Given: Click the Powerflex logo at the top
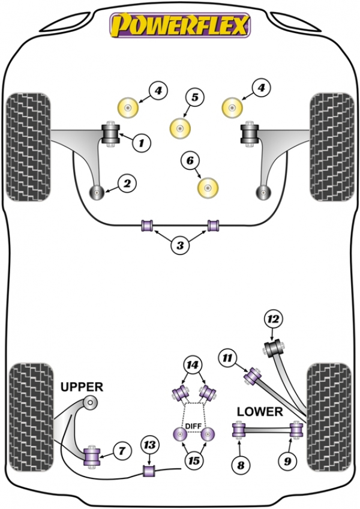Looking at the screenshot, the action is click(181, 26).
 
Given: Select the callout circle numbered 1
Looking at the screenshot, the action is click(141, 142).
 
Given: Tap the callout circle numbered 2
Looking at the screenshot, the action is click(127, 184).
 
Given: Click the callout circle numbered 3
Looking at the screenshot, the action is click(180, 245).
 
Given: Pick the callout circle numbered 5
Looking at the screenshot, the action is click(195, 97).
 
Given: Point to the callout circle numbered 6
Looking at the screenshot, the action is click(190, 160).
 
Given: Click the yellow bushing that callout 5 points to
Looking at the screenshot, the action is click(180, 128).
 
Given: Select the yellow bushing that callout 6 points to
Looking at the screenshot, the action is click(208, 188).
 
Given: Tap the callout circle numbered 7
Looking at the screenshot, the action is click(122, 451).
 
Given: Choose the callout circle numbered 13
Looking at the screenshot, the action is click(150, 445).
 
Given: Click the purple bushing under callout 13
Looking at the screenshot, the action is click(149, 471).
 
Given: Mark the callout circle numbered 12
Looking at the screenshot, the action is click(274, 319).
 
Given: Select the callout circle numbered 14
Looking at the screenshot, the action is click(193, 365).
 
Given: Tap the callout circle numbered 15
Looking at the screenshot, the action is click(194, 460).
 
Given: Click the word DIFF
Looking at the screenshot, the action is click(194, 426).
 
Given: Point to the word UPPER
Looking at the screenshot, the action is click(82, 387).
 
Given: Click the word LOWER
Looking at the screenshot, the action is click(260, 412).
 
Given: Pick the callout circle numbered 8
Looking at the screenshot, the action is click(241, 465).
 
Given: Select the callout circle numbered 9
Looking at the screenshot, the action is click(288, 461).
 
